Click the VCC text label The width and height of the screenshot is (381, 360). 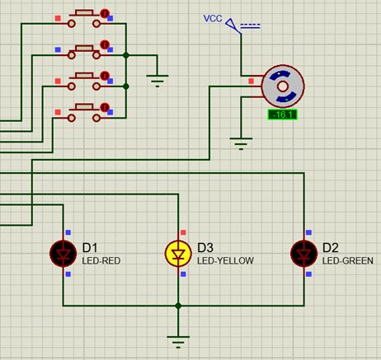pos(214,18)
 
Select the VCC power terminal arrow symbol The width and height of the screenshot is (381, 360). pos(233,26)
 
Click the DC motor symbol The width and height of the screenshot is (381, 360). pos(282,86)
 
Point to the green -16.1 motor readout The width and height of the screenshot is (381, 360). pos(283,115)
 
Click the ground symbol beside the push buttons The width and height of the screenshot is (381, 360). pos(157,80)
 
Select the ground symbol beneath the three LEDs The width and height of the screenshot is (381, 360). pos(177,338)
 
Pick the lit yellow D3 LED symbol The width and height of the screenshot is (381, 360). pos(178,254)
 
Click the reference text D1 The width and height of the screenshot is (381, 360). pos(90,247)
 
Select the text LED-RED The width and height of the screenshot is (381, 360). pos(101,261)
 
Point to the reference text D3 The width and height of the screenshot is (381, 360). pos(205,247)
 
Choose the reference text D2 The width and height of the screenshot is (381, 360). pos(331,247)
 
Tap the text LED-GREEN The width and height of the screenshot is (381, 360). pos(347,261)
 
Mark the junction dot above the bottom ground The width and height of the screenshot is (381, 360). pos(177,306)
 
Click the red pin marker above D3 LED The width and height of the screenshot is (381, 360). pos(183,233)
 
